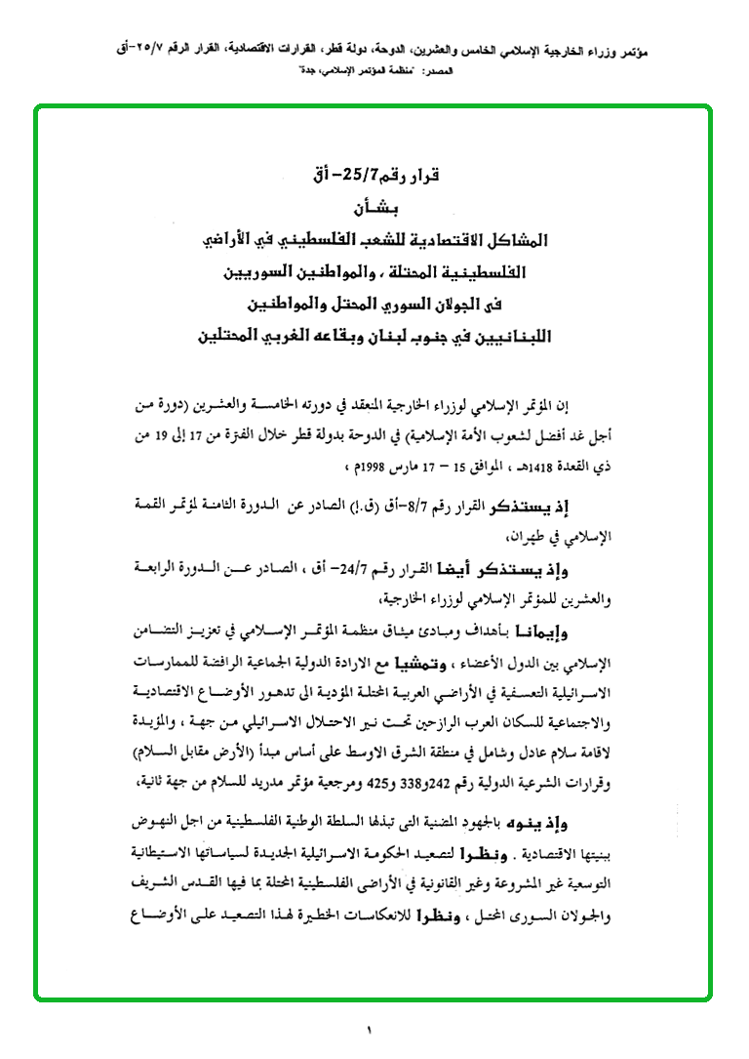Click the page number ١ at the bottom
371,1030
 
